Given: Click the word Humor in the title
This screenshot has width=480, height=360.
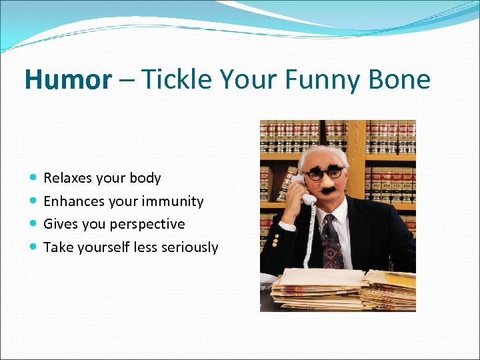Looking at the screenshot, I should coord(68,80).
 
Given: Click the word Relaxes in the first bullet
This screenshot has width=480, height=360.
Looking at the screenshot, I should coord(68,178).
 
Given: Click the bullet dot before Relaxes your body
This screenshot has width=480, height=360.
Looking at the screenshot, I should coord(34,178).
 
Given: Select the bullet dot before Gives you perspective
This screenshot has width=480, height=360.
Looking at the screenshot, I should coord(34,224).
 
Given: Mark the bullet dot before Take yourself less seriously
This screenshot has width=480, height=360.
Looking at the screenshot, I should coord(34,247).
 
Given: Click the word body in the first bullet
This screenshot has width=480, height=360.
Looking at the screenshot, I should coord(146,178).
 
